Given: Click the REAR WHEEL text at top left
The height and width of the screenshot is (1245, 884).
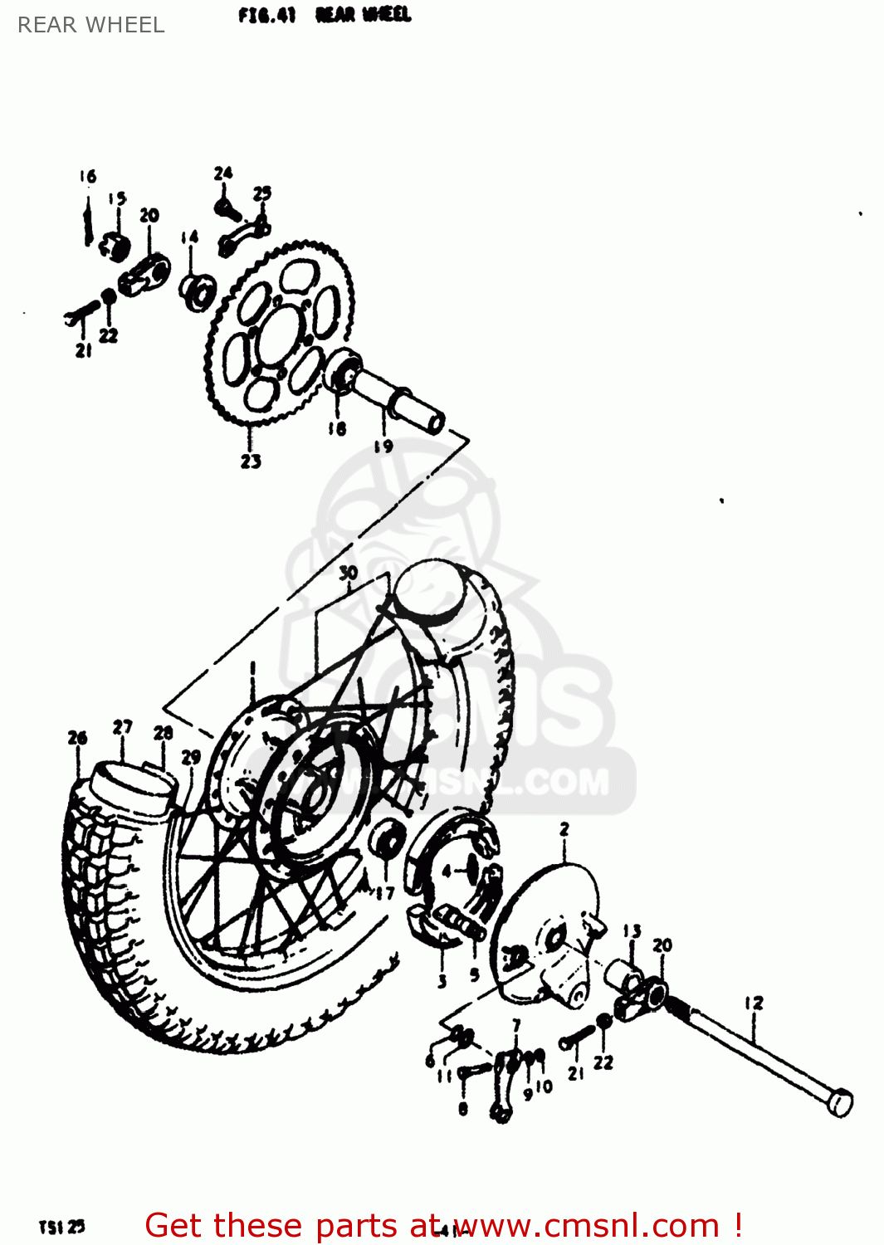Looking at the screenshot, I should click(x=91, y=25).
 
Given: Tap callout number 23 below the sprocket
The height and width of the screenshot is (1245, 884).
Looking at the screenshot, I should click(x=251, y=461).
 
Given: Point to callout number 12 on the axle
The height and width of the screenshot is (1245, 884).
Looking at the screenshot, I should click(x=753, y=1003).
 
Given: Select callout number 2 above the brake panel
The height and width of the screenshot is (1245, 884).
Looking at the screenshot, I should click(x=564, y=829).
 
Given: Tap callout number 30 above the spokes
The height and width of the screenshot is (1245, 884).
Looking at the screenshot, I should click(x=349, y=573).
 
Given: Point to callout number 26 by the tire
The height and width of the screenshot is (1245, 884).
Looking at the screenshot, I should click(x=77, y=737).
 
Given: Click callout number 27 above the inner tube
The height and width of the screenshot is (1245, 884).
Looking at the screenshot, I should click(x=123, y=727).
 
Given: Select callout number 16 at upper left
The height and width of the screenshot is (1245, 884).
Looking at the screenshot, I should click(x=88, y=176).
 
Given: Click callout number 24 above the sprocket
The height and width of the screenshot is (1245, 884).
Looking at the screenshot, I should click(x=223, y=173).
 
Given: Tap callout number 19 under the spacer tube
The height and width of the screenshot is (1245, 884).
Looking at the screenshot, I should click(x=383, y=447).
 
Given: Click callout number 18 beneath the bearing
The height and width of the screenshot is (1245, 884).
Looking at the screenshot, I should click(x=336, y=429).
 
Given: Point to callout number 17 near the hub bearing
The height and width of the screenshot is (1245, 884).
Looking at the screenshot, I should click(x=384, y=893).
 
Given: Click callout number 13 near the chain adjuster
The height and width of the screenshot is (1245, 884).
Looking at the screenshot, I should click(x=632, y=931).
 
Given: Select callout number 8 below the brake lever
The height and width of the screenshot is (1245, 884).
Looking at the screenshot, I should click(x=463, y=1109).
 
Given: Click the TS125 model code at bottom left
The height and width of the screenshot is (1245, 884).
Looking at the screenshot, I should click(x=61, y=1227).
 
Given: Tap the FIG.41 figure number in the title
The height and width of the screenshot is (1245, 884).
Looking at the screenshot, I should click(x=266, y=15).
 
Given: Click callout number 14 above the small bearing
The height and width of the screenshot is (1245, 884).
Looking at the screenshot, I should click(x=190, y=237).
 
